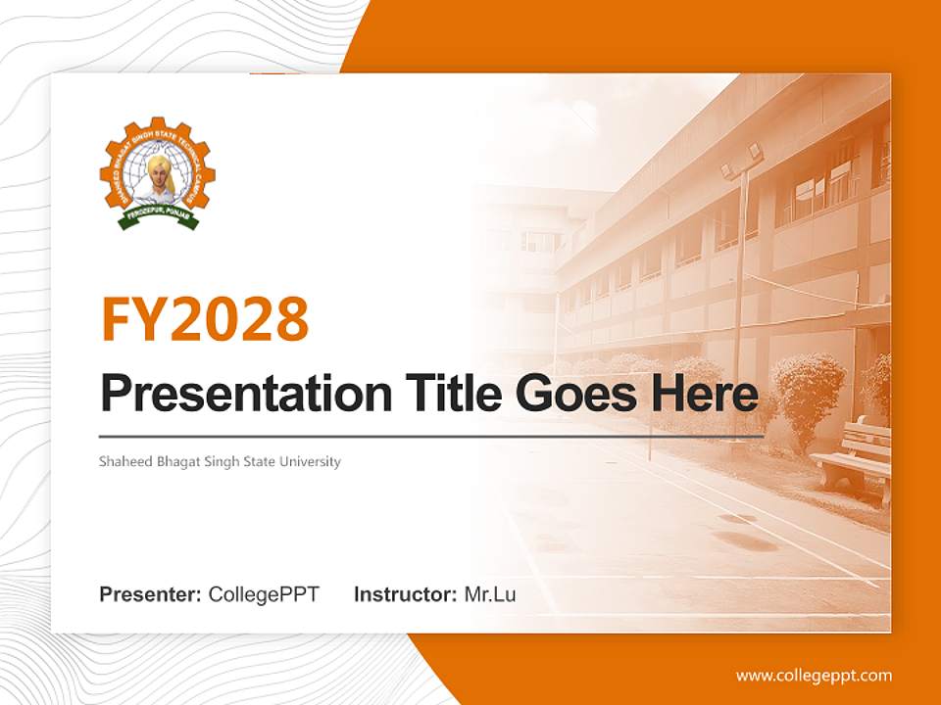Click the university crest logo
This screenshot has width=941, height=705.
point(158,174)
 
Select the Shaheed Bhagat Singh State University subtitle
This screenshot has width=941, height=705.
point(220,461)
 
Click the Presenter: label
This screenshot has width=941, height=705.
point(151,594)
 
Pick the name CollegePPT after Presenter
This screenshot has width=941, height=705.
point(264,594)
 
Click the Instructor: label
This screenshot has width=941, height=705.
point(405,594)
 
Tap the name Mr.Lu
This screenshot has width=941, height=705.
point(490,594)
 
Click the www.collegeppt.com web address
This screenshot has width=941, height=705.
point(814,676)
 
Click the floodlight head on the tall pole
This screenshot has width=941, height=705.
point(742,160)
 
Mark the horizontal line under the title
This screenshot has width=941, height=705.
point(431,435)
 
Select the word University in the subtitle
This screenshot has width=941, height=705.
point(310,461)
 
